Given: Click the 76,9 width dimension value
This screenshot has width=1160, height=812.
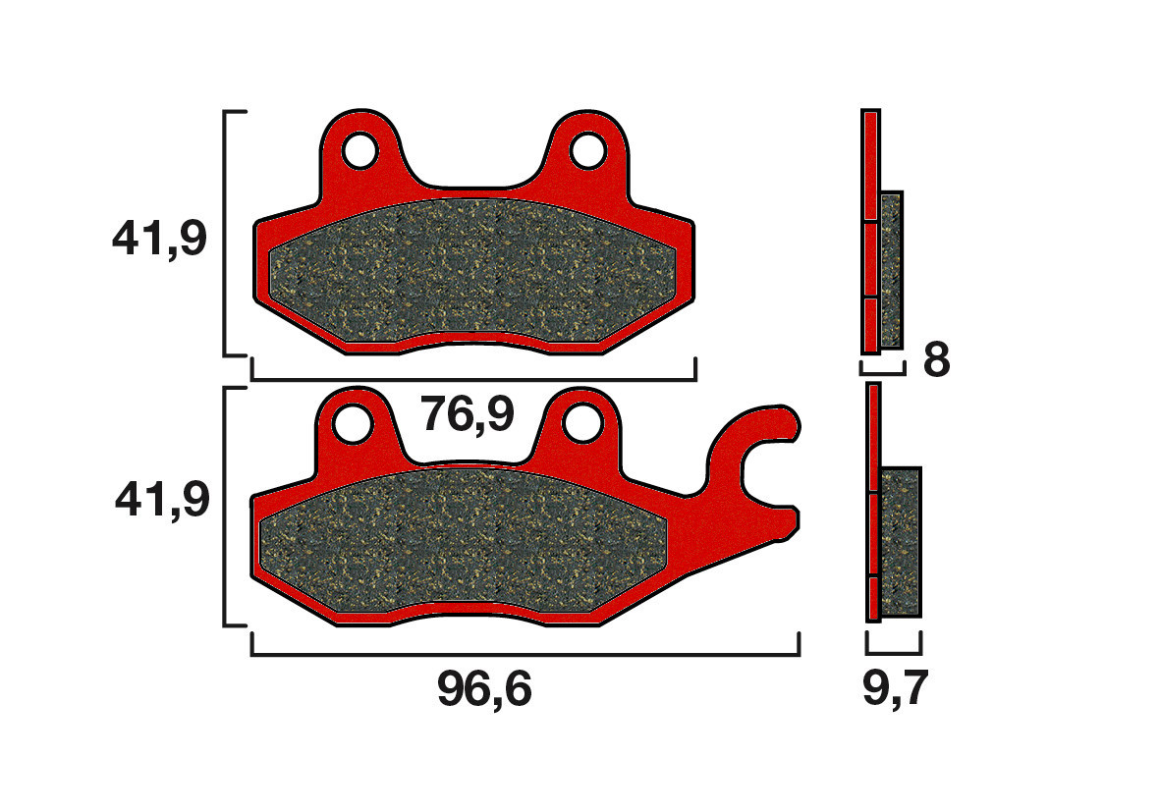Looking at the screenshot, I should coord(468,415).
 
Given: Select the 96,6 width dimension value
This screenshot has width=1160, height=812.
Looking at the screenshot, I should coord(484,691).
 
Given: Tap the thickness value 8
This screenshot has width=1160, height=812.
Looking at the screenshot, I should coord(936,361).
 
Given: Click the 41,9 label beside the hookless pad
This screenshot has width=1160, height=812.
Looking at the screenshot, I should coord(160,239).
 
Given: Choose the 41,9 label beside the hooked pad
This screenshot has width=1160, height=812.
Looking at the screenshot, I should coord(162,501).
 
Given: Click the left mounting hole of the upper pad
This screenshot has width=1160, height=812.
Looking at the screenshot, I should coord(359,151).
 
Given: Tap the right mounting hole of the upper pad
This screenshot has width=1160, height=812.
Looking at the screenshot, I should coord(587,151).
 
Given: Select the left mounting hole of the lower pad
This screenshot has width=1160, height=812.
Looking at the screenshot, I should coord(352,423).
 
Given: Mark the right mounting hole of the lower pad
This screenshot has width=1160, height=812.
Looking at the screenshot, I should coord(582,423).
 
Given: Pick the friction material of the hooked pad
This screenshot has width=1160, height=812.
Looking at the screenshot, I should coord(462,545).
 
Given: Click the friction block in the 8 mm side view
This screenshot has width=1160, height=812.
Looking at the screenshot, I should coord(891,270).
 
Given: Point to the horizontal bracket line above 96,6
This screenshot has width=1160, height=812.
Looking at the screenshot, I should coord(525,655).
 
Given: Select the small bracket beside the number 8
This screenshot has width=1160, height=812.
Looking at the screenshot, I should coord(881,371).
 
